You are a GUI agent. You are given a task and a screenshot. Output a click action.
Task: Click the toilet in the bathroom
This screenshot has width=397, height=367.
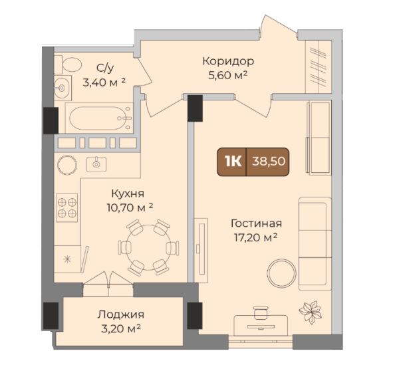[68, 64]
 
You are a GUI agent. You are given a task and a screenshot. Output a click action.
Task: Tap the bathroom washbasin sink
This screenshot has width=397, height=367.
[63, 88]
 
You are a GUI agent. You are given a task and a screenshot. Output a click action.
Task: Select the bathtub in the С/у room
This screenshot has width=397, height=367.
[98, 118]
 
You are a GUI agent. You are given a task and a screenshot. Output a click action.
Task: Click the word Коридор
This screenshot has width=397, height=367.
[228, 61]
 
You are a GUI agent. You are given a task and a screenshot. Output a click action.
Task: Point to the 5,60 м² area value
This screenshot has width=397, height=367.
[227, 75]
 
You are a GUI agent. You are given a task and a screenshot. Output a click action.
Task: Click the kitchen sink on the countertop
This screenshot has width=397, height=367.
[96, 164]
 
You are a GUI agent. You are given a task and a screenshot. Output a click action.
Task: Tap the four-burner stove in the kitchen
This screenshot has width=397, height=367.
[67, 208]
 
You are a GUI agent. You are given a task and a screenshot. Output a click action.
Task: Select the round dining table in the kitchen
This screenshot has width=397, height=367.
[148, 247]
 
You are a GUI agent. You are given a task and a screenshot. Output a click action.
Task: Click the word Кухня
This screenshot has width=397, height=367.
[128, 194]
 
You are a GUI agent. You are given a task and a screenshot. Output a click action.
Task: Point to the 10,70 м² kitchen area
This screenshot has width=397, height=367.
[130, 208]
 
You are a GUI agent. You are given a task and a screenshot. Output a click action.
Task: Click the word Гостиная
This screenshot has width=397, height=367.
[256, 223]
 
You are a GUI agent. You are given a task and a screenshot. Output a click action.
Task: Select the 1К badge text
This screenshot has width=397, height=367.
[233, 162]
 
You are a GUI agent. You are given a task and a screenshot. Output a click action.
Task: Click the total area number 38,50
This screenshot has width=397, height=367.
[269, 161]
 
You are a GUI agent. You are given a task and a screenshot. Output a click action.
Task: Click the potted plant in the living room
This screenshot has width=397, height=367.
[310, 311]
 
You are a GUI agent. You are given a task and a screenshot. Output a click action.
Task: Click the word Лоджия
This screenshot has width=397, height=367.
[121, 314]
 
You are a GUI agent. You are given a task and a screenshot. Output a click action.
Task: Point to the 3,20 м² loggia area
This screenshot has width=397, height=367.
[121, 329]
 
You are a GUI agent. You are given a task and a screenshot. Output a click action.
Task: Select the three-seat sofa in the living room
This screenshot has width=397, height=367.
[315, 244]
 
